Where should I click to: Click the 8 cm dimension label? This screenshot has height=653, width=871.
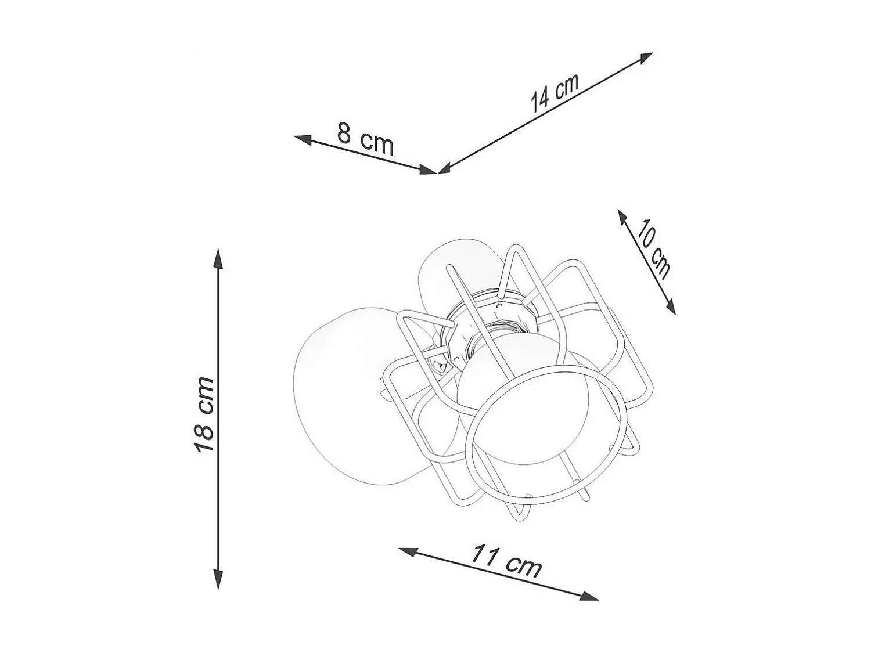point(365,139)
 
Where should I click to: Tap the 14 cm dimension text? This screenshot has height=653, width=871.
point(555,93)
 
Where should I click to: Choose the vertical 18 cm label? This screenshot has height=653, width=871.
point(204,414)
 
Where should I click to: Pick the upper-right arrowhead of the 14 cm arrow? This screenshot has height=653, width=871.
point(646,57)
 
